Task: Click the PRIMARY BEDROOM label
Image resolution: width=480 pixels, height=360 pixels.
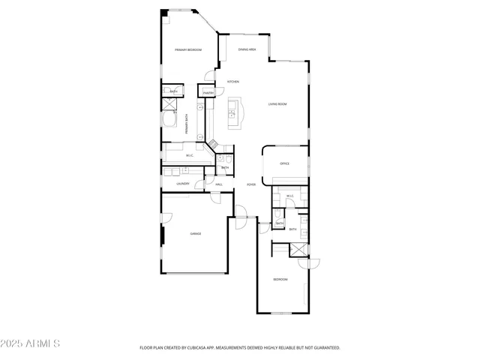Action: tap(188, 49)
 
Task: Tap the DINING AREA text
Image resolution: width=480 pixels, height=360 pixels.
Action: tap(247, 49)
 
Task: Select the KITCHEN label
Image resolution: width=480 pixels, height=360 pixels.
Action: tap(232, 81)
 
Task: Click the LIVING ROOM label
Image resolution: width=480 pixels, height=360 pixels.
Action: tap(278, 104)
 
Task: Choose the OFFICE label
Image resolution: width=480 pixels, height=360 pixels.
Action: tap(284, 163)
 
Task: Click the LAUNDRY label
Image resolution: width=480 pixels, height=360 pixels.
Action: tap(182, 184)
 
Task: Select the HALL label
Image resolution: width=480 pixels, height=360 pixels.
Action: tap(219, 184)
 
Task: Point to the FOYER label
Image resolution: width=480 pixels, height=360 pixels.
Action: tap(251, 184)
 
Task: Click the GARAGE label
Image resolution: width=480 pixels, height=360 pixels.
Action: tap(194, 233)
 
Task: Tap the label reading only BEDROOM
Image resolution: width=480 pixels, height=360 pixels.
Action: tap(280, 279)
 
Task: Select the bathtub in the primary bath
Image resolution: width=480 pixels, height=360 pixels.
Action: tap(169, 122)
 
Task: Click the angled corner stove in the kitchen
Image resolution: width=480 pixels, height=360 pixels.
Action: tap(213, 143)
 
